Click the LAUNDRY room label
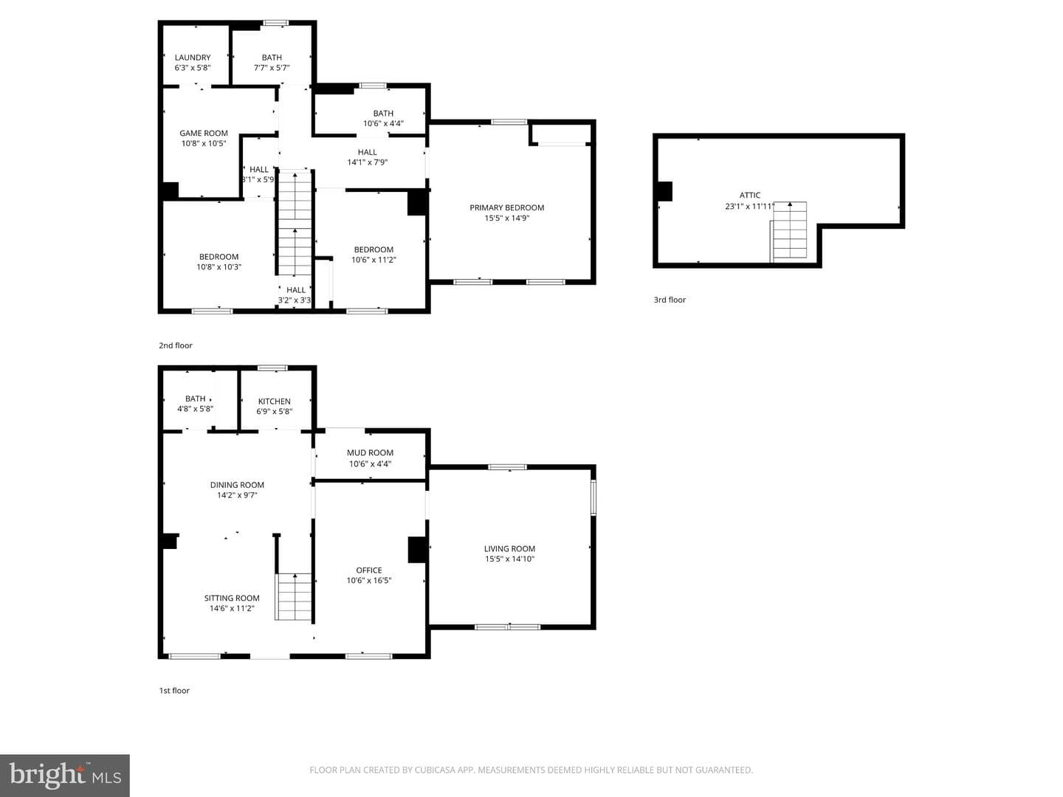192,57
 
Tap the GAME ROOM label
204,133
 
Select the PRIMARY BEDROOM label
506,207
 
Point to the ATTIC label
750,195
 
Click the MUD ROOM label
370,452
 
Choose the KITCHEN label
274,401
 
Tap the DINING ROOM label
237,484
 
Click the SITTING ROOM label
232,598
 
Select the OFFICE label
368,570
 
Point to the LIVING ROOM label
509,548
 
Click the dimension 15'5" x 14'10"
509,559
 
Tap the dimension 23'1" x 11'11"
749,206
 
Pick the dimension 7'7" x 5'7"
272,68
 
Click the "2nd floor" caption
175,345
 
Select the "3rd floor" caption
670,300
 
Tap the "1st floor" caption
174,691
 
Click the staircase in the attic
788,232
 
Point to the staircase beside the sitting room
293,597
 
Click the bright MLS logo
65,775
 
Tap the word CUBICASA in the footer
433,770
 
